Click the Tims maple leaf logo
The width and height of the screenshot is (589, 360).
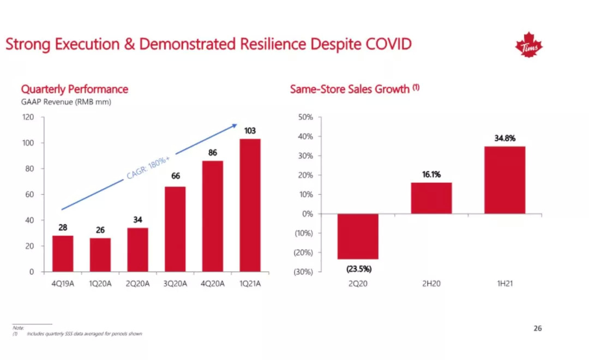pos(528,46)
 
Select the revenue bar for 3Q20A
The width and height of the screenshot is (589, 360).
pos(175,229)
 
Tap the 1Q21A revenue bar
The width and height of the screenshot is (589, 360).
pos(250,205)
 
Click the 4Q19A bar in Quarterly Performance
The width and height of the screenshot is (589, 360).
pos(63,254)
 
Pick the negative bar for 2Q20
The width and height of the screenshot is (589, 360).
pos(358,236)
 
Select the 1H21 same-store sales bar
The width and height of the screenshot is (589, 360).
pos(504,180)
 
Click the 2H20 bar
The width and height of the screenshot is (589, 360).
pos(431,198)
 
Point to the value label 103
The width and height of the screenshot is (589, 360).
pos(250,131)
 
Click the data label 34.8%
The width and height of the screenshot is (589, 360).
pos(504,139)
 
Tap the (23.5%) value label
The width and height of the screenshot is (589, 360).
pos(358,268)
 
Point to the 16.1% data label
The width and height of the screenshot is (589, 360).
pos(431,175)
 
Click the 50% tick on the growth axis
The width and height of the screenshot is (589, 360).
pos(305,117)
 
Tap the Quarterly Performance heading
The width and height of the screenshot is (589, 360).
pos(74,89)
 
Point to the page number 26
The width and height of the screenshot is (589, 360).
pos(538,329)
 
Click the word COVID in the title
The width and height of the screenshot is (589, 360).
pos(384,44)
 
